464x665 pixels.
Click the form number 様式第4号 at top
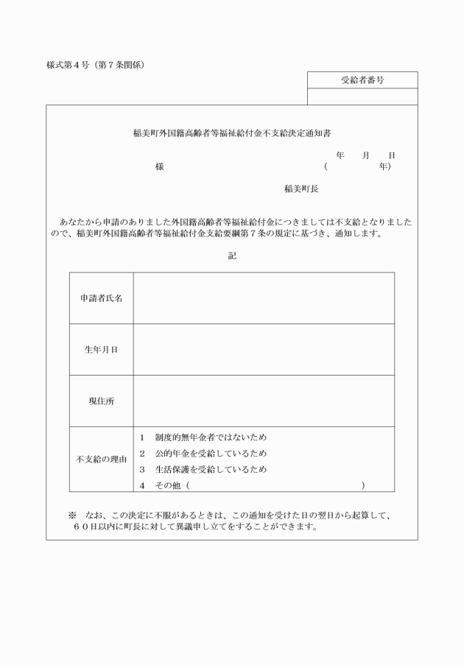[68, 65]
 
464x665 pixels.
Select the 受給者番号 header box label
[362, 80]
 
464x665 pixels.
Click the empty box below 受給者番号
[362, 96]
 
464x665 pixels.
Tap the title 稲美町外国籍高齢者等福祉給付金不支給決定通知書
[231, 134]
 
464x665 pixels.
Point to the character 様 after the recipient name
[159, 167]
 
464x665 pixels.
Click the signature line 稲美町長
[301, 189]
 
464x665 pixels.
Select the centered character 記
[232, 256]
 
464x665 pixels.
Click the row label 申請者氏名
[102, 298]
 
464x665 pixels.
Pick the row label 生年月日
[102, 350]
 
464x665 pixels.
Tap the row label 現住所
[102, 401]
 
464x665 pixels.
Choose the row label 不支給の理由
[102, 460]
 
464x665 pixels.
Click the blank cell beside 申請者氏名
[263, 298]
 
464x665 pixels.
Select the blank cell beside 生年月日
[263, 350]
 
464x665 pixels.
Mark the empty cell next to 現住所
[263, 401]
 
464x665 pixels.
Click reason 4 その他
[170, 485]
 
